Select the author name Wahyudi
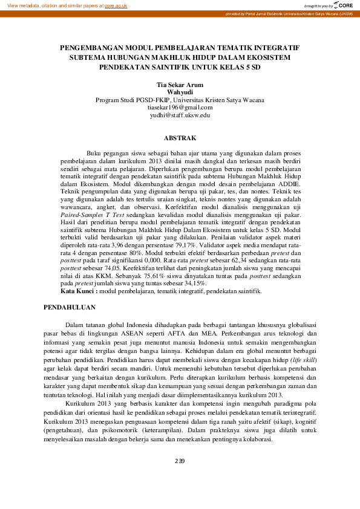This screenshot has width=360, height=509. (180, 92)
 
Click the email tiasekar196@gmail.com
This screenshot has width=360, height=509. (180, 107)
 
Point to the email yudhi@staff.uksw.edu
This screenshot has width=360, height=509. (180, 114)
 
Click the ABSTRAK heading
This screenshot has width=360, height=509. (180, 138)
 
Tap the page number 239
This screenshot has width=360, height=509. (180, 461)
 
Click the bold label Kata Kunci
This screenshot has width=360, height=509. (79, 291)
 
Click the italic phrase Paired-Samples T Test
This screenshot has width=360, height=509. (92, 215)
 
